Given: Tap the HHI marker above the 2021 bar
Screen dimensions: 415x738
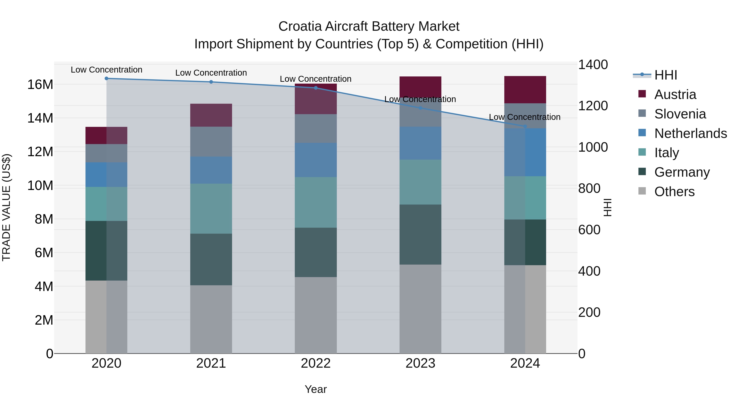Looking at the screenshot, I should (x=211, y=82).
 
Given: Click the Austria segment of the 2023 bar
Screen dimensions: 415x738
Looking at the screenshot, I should (x=420, y=87).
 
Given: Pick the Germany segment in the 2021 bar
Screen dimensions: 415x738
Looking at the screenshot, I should (x=211, y=259).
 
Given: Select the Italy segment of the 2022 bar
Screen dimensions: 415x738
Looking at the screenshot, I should (x=316, y=202).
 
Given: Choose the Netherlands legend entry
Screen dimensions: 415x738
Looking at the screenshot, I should (x=690, y=133).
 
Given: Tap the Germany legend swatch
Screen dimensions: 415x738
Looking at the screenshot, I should (x=642, y=172).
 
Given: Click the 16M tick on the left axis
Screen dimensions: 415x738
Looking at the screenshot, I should (x=40, y=84).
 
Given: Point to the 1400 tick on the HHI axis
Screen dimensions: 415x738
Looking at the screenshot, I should (x=593, y=65).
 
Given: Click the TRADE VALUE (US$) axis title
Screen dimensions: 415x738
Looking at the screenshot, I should (x=7, y=207).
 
